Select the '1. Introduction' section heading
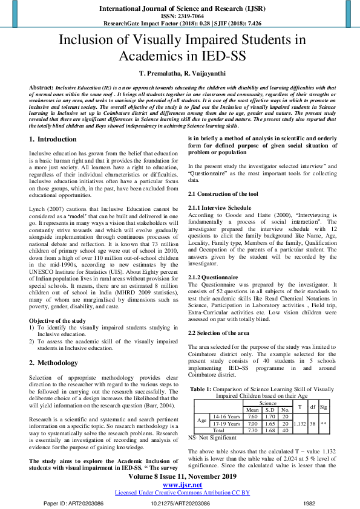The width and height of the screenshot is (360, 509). coord(53,139)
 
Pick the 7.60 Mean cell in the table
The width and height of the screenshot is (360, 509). coord(254,416)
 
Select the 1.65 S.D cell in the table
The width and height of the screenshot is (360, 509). coord(270,423)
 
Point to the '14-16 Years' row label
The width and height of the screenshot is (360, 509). coord(226,416)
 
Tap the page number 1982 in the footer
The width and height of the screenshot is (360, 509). coord(309,502)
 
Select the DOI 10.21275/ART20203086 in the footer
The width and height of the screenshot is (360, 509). coord(180,502)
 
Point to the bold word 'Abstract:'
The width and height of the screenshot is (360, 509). coord(41,87)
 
